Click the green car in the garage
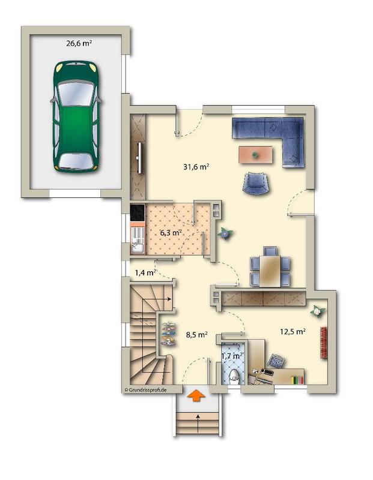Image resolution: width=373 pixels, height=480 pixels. (x=76, y=116)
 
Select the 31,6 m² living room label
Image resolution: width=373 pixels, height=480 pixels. (x=196, y=167)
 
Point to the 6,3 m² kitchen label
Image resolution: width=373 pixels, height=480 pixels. (x=171, y=231)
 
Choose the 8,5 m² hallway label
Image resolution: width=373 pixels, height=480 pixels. (x=196, y=335)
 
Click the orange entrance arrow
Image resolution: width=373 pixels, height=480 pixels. (x=196, y=395)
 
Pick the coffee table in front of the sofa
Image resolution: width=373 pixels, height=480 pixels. (x=256, y=155)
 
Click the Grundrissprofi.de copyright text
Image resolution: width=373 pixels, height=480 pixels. (x=145, y=389)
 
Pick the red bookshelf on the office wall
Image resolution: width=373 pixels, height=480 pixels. (x=325, y=343)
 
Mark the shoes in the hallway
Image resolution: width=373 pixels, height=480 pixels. (x=169, y=334)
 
